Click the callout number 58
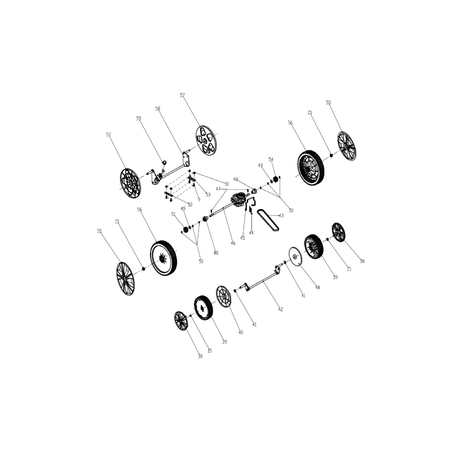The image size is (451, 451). [158, 108]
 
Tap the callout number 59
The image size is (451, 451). [139, 118]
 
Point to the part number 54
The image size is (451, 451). [271, 160]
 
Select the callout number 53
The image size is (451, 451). [208, 194]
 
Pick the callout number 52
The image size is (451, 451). [190, 204]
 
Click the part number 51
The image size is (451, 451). [174, 214]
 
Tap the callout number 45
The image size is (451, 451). [242, 237]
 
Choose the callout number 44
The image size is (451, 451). [251, 232]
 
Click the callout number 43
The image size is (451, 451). [281, 215]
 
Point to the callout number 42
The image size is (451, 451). [281, 309]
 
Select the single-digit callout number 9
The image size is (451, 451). [199, 199]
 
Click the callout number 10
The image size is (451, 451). [227, 184]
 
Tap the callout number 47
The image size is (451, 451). [218, 189]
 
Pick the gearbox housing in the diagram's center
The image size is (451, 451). [237, 201]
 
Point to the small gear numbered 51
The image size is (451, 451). [185, 229]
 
